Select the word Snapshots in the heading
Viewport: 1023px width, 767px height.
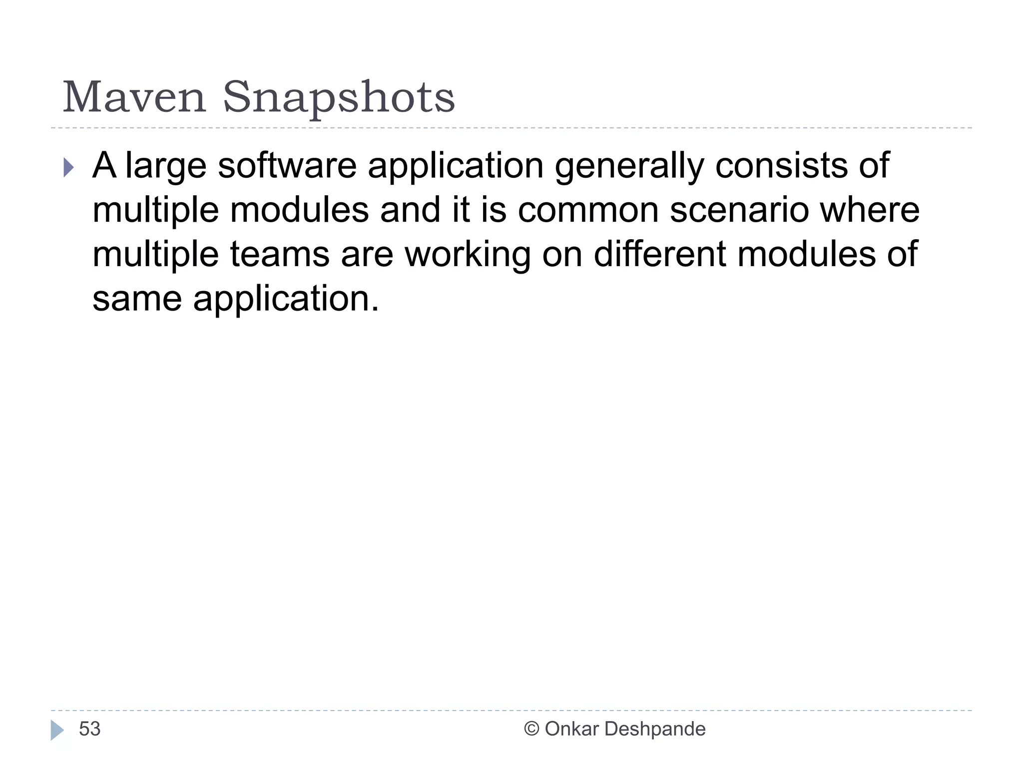pos(339,98)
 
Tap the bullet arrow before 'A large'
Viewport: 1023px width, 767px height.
pos(69,168)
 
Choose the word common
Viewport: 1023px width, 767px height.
pos(588,210)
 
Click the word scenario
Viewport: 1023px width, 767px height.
pos(739,210)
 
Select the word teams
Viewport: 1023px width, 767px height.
pos(280,254)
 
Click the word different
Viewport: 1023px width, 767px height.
pos(659,254)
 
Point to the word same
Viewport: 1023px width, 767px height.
pos(137,299)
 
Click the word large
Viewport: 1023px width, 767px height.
pos(165,167)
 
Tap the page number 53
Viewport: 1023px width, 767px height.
pos(90,729)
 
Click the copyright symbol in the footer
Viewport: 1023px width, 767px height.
pos(531,729)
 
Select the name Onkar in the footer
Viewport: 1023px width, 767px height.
pos(571,729)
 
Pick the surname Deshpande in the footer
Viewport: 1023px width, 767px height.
pos(654,730)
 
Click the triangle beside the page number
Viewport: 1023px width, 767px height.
pos(57,730)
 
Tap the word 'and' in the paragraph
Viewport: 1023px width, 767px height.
pos(410,210)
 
